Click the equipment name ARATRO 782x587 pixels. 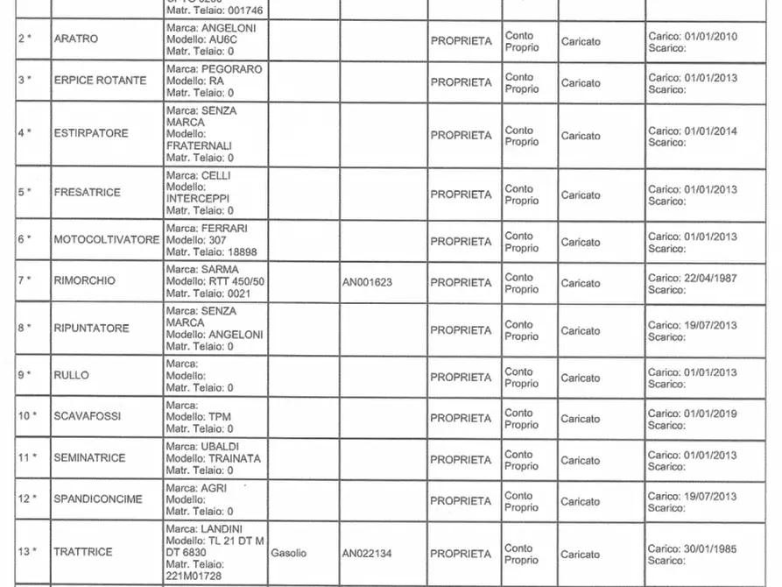[76, 39]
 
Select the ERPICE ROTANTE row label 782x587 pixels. [100, 81]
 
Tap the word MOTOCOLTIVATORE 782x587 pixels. [107, 240]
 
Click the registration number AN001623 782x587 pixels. [368, 283]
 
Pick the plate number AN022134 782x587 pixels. [368, 554]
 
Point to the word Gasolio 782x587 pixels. [289, 554]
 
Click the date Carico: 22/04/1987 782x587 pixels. [692, 278]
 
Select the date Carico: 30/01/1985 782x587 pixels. [692, 549]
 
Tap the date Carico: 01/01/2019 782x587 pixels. [692, 414]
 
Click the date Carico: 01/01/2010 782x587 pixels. [692, 36]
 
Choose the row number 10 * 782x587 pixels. [28, 416]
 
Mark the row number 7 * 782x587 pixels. [25, 280]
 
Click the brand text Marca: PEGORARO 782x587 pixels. [214, 69]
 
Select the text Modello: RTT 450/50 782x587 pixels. [215, 281]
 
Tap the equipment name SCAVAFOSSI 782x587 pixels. [88, 416]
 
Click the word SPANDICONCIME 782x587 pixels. [98, 499]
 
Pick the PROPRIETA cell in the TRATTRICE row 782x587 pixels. [461, 554]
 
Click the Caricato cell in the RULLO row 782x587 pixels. [581, 378]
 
